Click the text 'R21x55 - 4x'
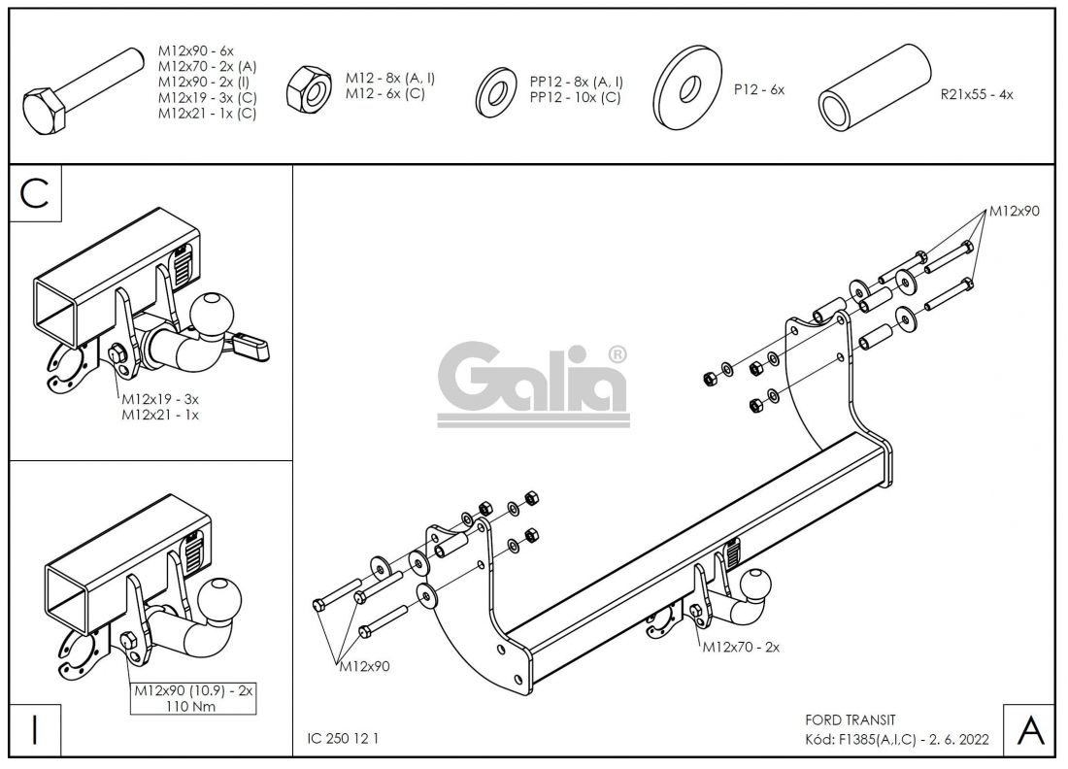tap(976, 95)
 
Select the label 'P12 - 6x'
tap(758, 89)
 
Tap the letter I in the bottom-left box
tap(35, 729)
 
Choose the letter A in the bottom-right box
tap(1029, 730)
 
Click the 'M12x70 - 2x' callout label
tap(742, 647)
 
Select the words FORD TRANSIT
tap(851, 719)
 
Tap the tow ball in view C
tap(212, 314)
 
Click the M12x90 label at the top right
tap(1014, 211)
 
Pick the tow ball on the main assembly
tap(756, 586)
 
